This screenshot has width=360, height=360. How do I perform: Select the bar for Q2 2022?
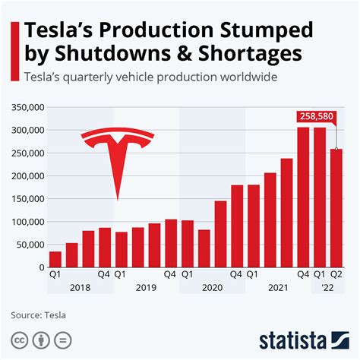point(336,208)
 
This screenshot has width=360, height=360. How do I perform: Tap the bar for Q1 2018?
point(55,259)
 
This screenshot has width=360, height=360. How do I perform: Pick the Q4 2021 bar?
point(303,197)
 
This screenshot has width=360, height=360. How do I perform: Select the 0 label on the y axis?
point(40,267)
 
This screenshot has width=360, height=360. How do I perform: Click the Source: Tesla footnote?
point(37,315)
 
